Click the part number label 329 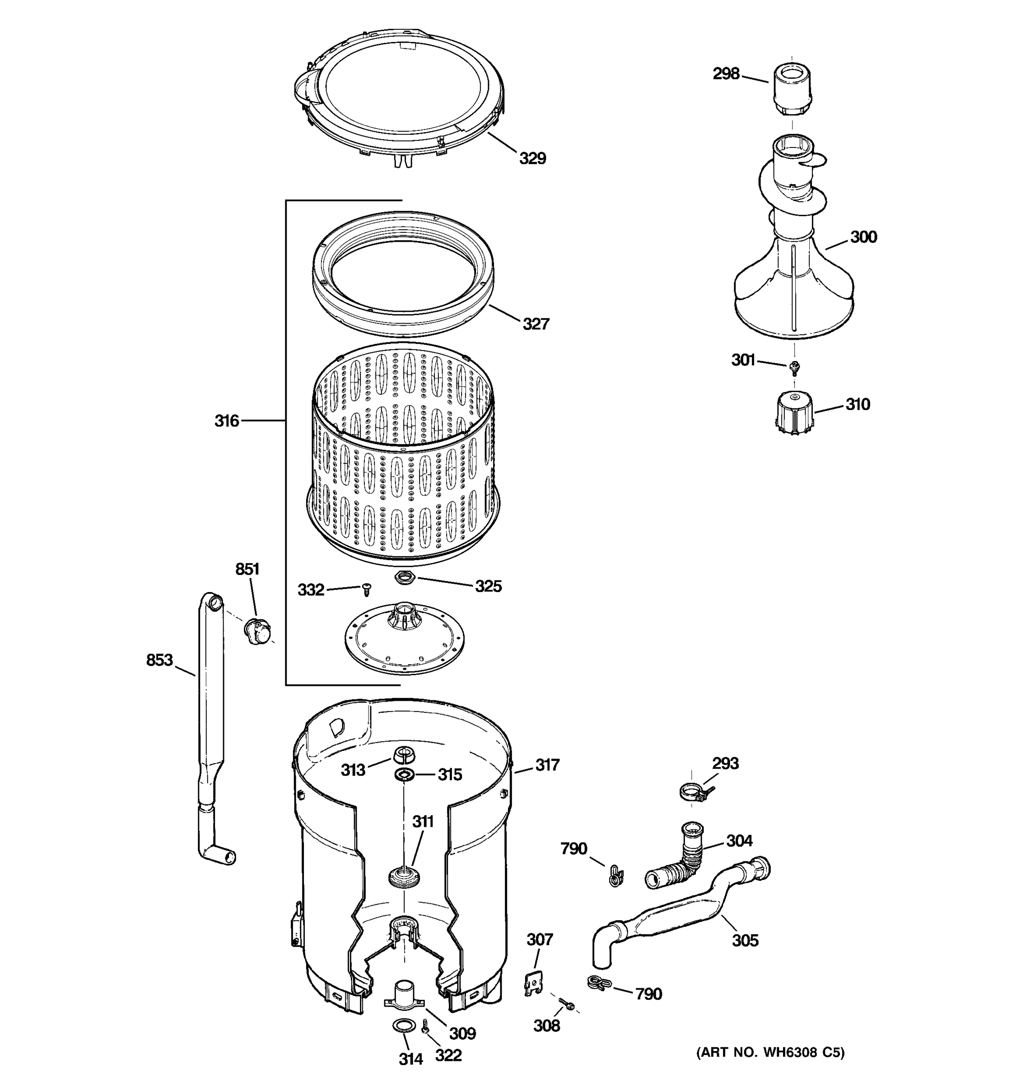(x=532, y=158)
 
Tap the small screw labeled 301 (x=794, y=368)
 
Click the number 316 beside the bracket (x=227, y=421)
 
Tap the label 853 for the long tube (x=159, y=660)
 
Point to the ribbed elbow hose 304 (x=679, y=865)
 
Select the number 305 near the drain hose (x=745, y=940)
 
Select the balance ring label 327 (x=536, y=324)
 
